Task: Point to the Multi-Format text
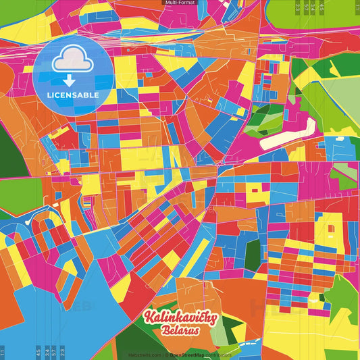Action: coord(180,3)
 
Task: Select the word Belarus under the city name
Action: coord(180,332)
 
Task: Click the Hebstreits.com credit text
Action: coord(144,355)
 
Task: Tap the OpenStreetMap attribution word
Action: coord(190,355)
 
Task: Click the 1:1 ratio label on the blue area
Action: coord(3,352)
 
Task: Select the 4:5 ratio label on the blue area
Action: coord(37,352)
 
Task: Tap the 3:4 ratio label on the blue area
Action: coord(46,352)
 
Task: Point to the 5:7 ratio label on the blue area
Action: coord(53,352)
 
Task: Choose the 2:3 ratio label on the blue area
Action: coord(62,352)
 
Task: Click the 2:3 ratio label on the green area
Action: coord(298,7)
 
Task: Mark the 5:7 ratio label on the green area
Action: coord(307,7)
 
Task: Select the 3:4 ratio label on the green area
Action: coord(314,7)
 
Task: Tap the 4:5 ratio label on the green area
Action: coord(322,7)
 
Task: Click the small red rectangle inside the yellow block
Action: coord(256,190)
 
